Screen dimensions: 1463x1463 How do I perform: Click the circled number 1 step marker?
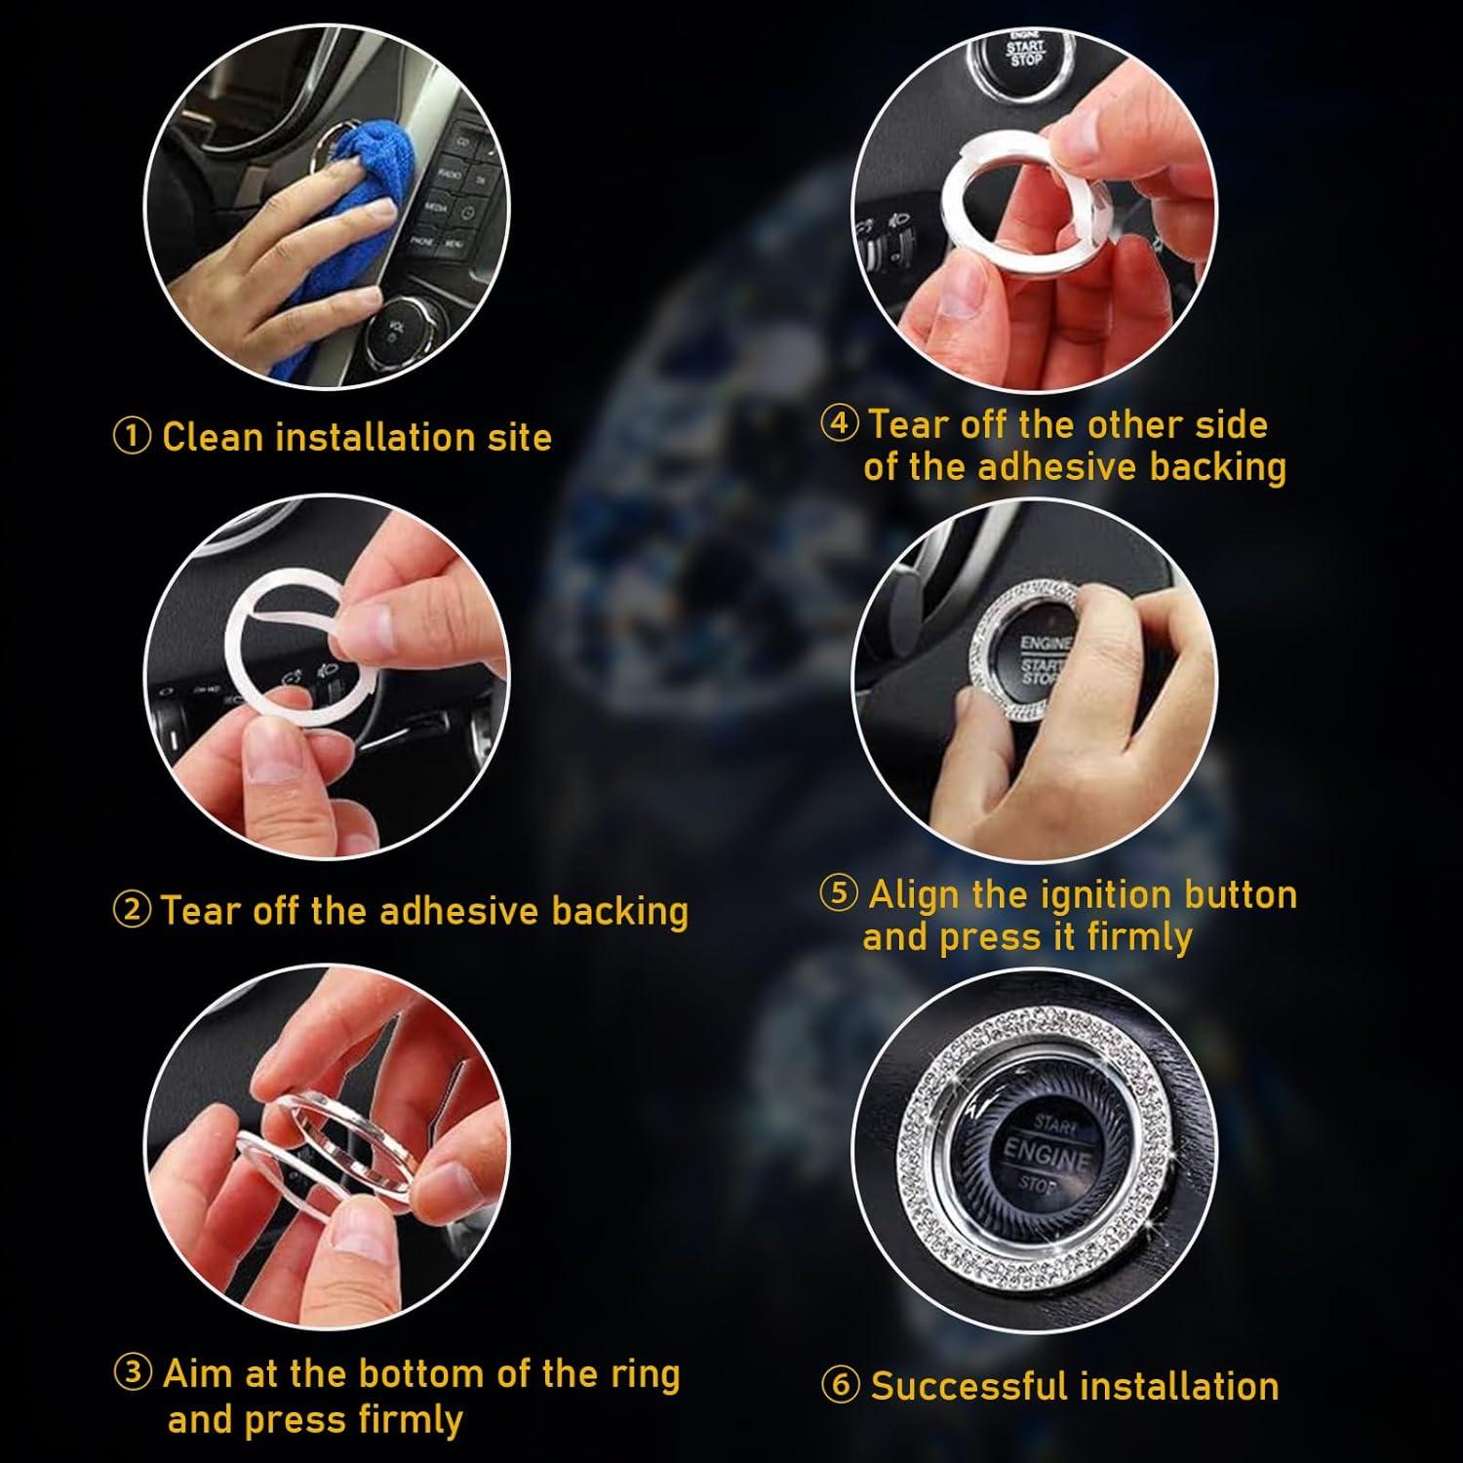pyautogui.click(x=132, y=438)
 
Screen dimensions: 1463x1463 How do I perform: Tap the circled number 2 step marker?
pyautogui.click(x=132, y=912)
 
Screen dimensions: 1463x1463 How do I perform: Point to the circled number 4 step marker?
pyautogui.click(x=840, y=425)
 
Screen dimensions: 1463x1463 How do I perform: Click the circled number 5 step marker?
pyautogui.click(x=839, y=894)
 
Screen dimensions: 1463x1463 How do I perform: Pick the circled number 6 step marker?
pyautogui.click(x=840, y=1386)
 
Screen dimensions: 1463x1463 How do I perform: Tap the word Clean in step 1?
pyautogui.click(x=212, y=437)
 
